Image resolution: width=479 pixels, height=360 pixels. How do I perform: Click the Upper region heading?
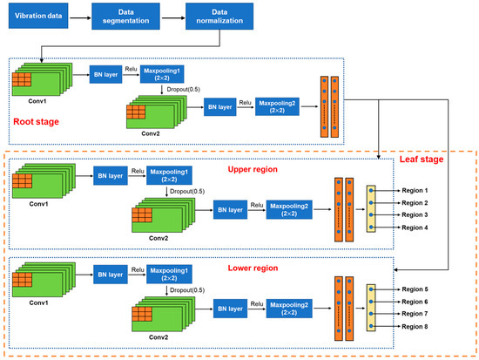click(x=252, y=170)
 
